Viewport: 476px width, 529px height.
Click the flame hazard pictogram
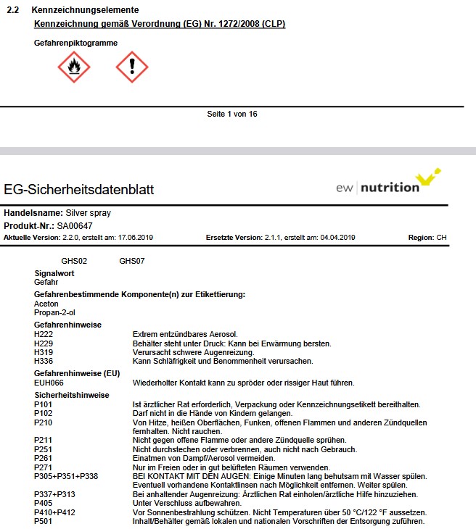(x=74, y=67)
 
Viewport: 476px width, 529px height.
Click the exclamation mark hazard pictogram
(x=132, y=67)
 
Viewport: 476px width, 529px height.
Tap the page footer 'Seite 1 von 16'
(x=232, y=114)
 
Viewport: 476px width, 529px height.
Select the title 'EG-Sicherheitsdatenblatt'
(x=79, y=191)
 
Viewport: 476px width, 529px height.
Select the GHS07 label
(x=132, y=261)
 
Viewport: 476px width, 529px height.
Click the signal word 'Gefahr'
(x=46, y=281)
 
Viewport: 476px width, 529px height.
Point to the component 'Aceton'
(x=46, y=304)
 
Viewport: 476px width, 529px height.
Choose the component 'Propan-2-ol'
(x=54, y=312)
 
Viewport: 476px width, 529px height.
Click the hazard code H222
(x=44, y=335)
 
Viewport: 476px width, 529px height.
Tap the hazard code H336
(x=44, y=361)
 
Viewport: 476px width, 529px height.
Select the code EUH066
(x=49, y=383)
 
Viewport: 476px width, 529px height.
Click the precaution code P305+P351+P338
(x=66, y=476)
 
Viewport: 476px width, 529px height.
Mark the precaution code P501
(x=43, y=522)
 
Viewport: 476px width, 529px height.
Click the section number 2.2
(x=12, y=11)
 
